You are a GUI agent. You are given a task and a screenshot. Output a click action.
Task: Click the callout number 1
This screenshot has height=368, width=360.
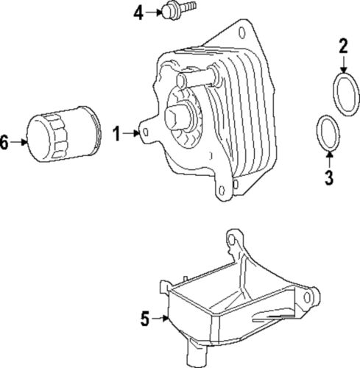pyautogui.click(x=116, y=133)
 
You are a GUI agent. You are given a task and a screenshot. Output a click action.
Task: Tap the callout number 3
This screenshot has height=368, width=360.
pyautogui.click(x=329, y=177)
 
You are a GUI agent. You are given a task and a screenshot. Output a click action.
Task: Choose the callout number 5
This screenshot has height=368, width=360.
pyautogui.click(x=146, y=318)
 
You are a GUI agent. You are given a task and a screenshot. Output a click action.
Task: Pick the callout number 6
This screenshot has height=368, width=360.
pyautogui.click(x=4, y=144)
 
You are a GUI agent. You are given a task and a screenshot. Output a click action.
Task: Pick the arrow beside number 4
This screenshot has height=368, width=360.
pyautogui.click(x=154, y=11)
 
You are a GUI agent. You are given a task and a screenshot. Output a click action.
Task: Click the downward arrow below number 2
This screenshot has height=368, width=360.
pyautogui.click(x=343, y=64)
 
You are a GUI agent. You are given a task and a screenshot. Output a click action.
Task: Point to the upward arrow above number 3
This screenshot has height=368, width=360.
pyautogui.click(x=328, y=158)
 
